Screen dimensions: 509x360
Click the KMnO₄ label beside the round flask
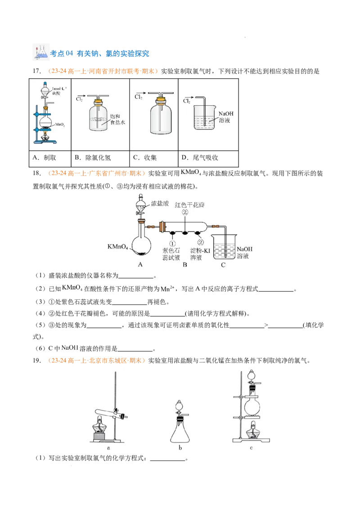118,247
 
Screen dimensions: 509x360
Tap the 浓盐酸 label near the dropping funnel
160,204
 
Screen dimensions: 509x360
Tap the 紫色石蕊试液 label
171,254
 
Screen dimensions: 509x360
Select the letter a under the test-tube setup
108,448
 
